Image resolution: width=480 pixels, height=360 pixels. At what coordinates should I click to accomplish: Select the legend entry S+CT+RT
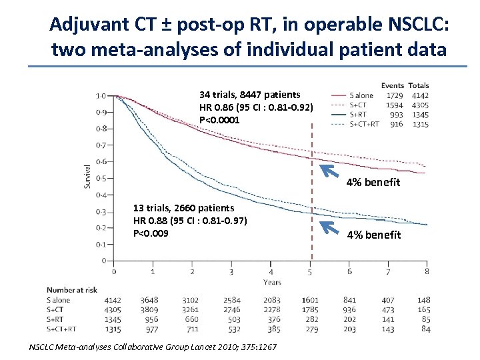365,124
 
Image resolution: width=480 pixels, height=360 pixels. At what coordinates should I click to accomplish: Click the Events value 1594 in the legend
394,105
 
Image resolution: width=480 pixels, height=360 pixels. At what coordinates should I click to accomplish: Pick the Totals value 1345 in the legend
419,115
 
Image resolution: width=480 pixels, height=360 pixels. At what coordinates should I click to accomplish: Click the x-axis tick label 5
310,271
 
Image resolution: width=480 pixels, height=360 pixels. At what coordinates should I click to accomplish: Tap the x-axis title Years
271,282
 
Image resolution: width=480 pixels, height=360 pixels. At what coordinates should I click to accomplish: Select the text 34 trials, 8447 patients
249,95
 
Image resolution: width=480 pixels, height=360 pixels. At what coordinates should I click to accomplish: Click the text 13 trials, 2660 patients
183,208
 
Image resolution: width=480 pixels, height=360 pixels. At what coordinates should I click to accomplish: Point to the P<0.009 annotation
151,233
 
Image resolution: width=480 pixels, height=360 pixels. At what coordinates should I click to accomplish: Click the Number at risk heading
72,290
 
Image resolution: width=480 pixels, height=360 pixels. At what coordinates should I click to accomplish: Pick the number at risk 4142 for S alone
113,301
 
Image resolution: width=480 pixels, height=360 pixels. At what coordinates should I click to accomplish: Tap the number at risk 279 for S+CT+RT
310,329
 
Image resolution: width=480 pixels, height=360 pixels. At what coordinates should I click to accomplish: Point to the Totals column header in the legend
418,85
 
